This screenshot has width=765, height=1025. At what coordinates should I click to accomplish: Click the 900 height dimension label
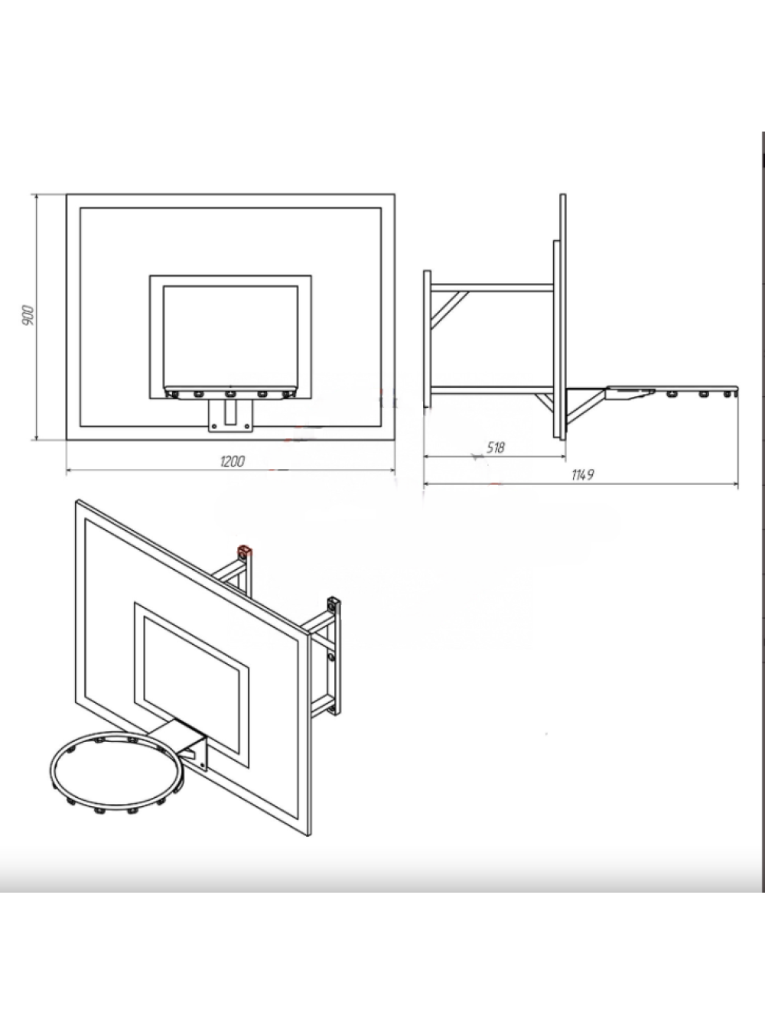(28, 316)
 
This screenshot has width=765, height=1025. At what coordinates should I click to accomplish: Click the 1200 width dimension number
(232, 461)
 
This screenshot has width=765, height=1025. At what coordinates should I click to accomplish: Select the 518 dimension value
(496, 447)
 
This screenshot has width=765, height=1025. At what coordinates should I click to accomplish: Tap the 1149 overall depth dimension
(583, 475)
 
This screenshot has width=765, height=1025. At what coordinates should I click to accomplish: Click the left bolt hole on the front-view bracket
(214, 426)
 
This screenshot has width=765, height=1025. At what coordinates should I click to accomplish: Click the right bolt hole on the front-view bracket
(246, 425)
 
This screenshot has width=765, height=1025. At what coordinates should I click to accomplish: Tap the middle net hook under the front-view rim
(229, 395)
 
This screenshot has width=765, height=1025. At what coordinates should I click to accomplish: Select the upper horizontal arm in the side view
(492, 288)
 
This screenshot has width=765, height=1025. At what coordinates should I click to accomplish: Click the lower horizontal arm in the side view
(492, 390)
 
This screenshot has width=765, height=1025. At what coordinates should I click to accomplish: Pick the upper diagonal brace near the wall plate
(449, 309)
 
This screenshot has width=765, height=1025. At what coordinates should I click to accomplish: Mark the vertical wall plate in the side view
(427, 339)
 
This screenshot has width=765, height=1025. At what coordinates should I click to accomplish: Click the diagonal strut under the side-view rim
(586, 409)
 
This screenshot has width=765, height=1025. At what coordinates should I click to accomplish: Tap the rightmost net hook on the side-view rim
(728, 395)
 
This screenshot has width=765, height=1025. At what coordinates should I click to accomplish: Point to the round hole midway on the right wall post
(331, 657)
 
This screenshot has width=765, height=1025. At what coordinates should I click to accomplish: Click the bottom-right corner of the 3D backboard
(309, 836)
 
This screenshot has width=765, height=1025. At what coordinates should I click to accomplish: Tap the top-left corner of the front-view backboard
(67, 194)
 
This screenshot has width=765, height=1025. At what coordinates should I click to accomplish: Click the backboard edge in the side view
(563, 316)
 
